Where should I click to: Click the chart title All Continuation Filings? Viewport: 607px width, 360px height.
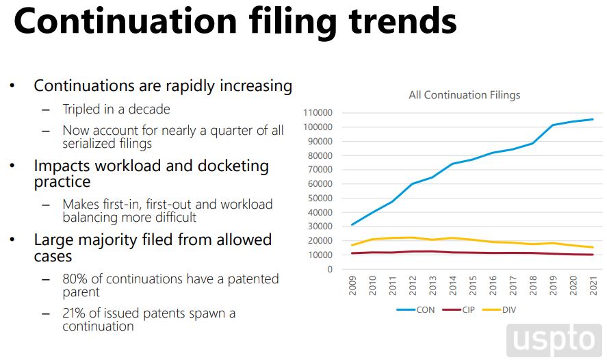point(464,95)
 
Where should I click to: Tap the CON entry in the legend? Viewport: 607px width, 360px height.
point(425,309)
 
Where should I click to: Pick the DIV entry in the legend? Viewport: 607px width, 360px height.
point(509,309)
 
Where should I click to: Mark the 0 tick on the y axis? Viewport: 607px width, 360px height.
point(330,270)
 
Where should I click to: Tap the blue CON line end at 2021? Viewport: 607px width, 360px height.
point(593,119)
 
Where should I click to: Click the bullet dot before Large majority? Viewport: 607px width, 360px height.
point(12,240)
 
